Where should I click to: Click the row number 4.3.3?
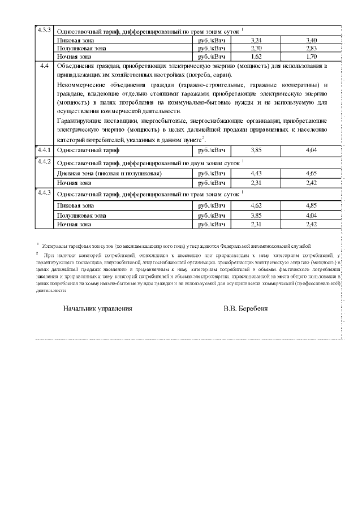(44, 29)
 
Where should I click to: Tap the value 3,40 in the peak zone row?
(311, 41)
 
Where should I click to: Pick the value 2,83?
(311, 49)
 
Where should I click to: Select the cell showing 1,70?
(311, 57)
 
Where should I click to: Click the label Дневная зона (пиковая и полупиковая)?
(110, 173)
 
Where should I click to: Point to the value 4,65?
(311, 173)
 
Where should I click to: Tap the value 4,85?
(311, 205)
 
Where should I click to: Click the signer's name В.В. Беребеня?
(245, 309)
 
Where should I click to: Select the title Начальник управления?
(98, 309)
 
